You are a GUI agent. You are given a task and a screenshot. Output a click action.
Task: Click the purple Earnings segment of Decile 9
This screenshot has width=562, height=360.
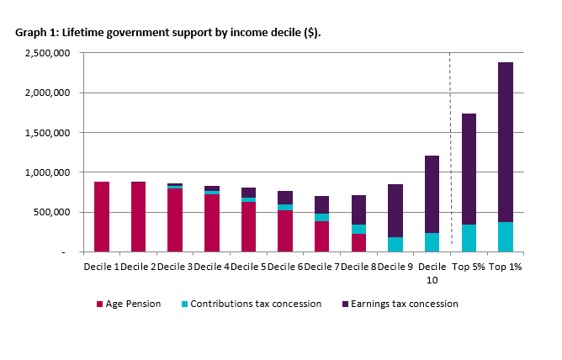395,210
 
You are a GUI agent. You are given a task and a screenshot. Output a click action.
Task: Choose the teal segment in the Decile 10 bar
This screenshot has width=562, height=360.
432,242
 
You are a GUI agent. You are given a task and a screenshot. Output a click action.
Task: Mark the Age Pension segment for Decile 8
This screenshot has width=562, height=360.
358,242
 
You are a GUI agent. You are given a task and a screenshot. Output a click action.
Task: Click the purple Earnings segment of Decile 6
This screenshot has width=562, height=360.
284,197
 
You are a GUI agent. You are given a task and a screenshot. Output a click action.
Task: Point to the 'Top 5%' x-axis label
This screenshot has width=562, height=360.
469,266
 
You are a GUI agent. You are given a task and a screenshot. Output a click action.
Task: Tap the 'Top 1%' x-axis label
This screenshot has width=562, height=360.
505,266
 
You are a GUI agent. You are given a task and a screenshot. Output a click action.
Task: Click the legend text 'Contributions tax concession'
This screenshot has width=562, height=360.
256,304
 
